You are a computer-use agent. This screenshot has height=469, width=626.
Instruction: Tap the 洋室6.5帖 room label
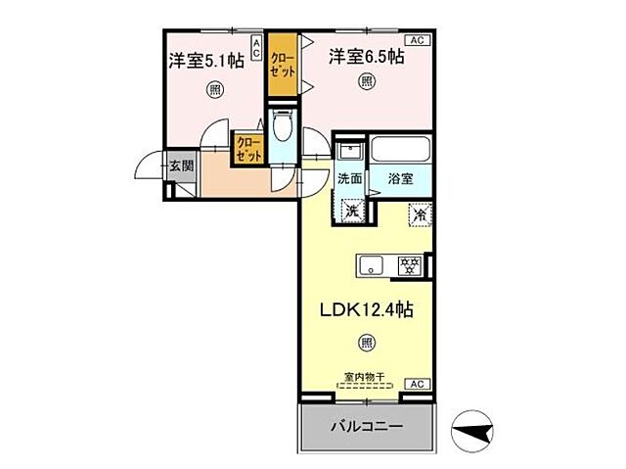(367, 57)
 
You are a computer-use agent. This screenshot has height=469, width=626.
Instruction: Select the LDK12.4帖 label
(367, 310)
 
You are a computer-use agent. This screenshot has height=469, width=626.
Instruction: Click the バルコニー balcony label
(368, 428)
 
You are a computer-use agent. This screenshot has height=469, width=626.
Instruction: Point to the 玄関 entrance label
(181, 166)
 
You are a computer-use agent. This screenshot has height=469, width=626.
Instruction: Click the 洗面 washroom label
(350, 180)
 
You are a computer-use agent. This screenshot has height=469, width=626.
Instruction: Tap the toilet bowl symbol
(283, 129)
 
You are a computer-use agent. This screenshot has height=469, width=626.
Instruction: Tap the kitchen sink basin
(372, 263)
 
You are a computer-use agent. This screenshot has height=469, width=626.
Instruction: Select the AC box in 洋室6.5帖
(416, 40)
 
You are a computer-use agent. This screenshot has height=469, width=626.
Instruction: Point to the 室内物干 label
(365, 376)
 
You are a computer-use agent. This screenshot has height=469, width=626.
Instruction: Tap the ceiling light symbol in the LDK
(366, 343)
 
